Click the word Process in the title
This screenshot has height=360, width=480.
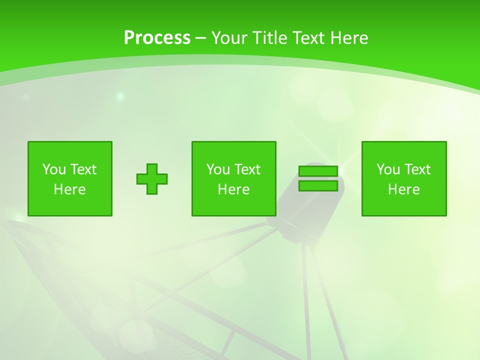pyautogui.click(x=157, y=38)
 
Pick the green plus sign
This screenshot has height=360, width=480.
pyautogui.click(x=152, y=178)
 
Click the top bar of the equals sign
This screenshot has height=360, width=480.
pyautogui.click(x=318, y=171)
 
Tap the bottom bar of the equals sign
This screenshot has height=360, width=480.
pyautogui.click(x=318, y=186)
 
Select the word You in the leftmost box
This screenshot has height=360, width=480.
pyautogui.click(x=54, y=169)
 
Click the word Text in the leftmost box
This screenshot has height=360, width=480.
pyautogui.click(x=83, y=169)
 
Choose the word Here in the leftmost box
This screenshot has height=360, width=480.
pyautogui.click(x=69, y=189)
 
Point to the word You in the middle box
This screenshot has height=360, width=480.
pyautogui.click(x=218, y=169)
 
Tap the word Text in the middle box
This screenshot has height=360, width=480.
pyautogui.click(x=247, y=169)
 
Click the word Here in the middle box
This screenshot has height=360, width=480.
pyautogui.click(x=233, y=189)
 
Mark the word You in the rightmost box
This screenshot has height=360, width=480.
pyautogui.click(x=388, y=169)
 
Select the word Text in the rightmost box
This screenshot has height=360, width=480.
pyautogui.click(x=417, y=169)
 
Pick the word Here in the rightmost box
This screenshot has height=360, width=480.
pyautogui.click(x=403, y=189)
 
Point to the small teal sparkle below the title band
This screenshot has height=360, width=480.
pyautogui.click(x=120, y=95)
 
